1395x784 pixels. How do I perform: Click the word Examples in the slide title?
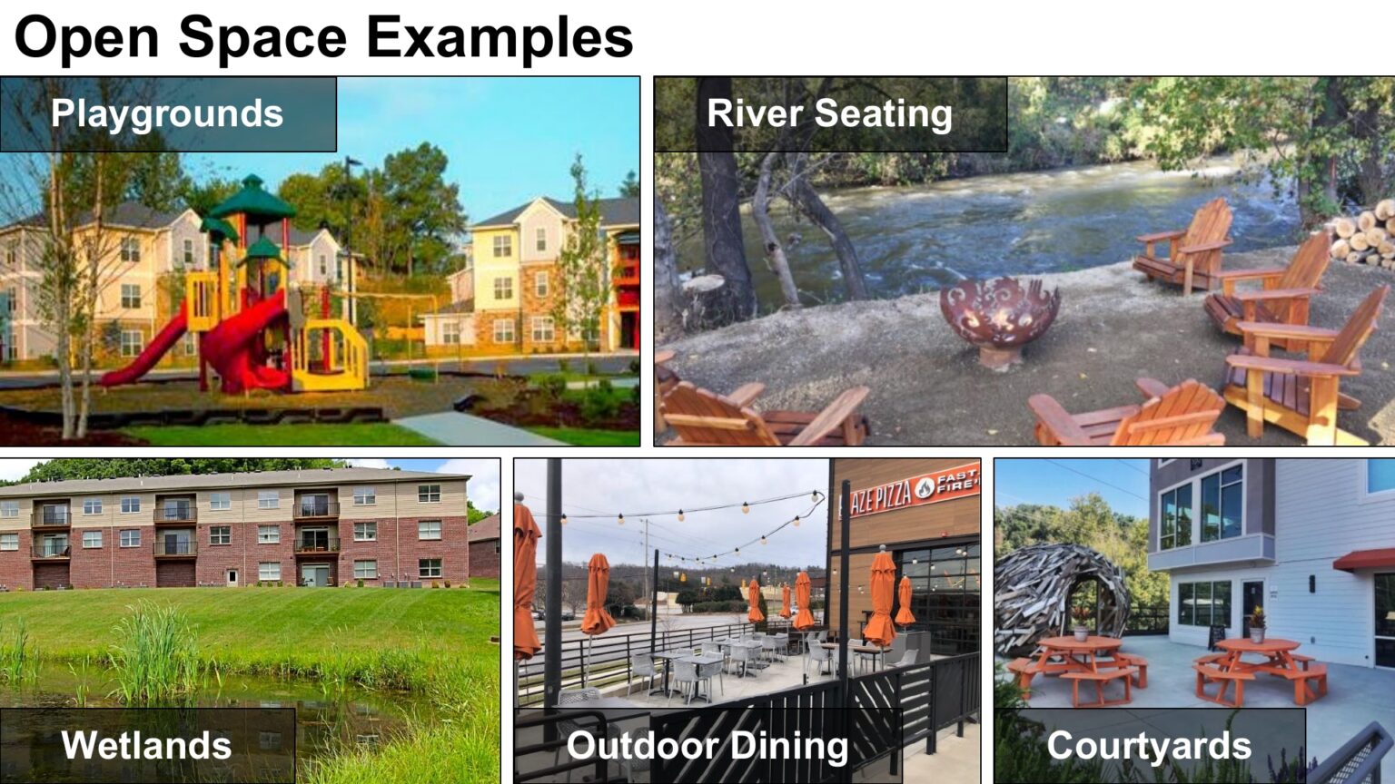click(x=500, y=38)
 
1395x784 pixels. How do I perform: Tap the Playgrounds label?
click(x=167, y=114)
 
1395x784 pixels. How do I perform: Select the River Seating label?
click(x=829, y=114)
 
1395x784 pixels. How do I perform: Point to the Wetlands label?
click(x=146, y=745)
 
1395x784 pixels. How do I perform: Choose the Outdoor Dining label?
click(x=707, y=745)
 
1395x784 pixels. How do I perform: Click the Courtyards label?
click(x=1149, y=745)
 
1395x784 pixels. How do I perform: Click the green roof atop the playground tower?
click(x=252, y=198)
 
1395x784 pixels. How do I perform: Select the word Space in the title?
click(x=262, y=38)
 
